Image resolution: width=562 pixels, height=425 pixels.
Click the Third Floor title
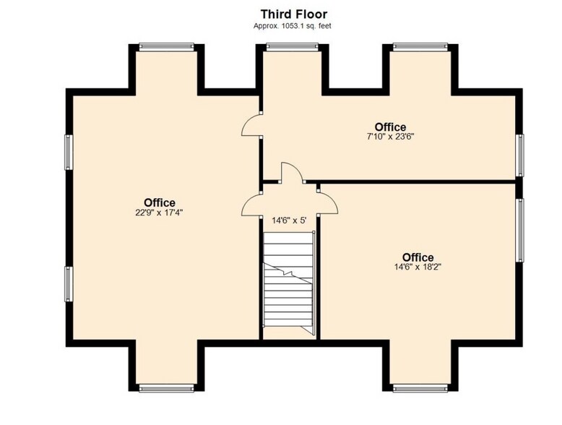pos(293,14)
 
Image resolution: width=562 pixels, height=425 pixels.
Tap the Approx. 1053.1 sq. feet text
pos(292,26)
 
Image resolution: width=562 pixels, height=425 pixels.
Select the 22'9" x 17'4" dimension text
pos(159,212)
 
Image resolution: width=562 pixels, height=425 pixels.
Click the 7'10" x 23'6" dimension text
pos(390,137)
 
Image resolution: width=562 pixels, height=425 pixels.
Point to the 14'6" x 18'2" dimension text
pos(418,267)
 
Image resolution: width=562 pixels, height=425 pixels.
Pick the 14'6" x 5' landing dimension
pos(289,220)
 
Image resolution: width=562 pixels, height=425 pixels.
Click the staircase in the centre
pos(289,283)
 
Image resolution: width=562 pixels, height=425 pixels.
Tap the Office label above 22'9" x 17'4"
pos(160,202)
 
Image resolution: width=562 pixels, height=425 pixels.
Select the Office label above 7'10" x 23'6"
pos(390,127)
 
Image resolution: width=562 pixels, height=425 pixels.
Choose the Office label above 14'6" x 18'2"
pos(418,257)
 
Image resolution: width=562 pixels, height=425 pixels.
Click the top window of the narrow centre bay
pos(292,46)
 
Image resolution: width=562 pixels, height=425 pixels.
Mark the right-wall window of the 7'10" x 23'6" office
pos(519,155)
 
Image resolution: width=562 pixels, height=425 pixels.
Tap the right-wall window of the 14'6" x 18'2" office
pos(519,230)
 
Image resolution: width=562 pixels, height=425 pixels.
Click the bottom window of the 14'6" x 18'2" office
pos(420,387)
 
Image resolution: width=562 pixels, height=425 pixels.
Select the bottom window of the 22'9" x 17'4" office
pos(166,387)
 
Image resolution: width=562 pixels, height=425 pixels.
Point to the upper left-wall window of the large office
pos(69,152)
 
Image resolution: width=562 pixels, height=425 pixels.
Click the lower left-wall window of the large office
pos(69,283)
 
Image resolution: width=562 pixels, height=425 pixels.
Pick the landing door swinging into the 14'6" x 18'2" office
pos(328,202)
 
